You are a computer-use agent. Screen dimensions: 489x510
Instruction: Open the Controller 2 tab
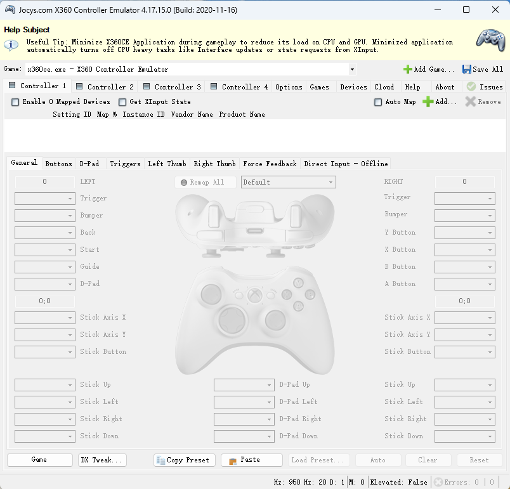[x=105, y=87]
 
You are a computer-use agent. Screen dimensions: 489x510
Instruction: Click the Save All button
[x=483, y=69]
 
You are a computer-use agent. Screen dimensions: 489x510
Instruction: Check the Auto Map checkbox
[x=379, y=102]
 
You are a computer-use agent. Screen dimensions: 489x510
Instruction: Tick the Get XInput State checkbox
[x=122, y=102]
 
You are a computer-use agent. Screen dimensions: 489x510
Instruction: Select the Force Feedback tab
[x=270, y=164]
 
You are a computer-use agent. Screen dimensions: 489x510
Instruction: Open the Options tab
[x=289, y=87]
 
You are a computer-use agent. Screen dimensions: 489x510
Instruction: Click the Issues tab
[x=485, y=87]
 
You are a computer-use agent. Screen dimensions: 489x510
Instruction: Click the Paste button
[x=251, y=460]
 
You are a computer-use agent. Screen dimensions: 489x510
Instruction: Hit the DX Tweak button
[x=101, y=460]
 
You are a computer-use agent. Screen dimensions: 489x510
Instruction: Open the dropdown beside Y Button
[x=464, y=233]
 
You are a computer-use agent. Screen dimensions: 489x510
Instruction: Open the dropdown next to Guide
[x=44, y=267]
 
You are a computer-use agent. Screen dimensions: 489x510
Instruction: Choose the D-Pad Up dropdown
[x=244, y=385]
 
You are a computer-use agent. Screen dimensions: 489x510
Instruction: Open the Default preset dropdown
[x=289, y=182]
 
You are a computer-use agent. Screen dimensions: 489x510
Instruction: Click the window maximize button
[x=466, y=10]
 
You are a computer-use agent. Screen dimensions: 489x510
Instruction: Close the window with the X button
[x=495, y=10]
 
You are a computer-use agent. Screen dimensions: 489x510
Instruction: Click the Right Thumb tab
[x=214, y=164]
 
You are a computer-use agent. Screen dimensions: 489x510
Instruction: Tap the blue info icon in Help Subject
[x=11, y=45]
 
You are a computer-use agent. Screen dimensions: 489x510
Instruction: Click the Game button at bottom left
[x=39, y=460]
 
